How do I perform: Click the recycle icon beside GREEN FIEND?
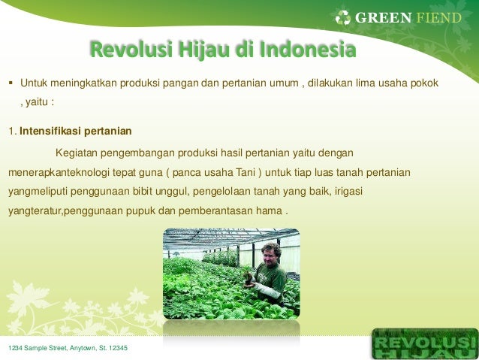coord(343,17)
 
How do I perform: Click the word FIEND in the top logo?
coord(438,18)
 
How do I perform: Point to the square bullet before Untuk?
coord(11,83)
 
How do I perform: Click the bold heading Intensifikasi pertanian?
coord(76,131)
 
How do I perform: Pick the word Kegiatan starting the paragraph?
coord(77,153)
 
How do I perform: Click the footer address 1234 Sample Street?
coord(68,348)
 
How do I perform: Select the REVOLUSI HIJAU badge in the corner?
coord(425,343)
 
